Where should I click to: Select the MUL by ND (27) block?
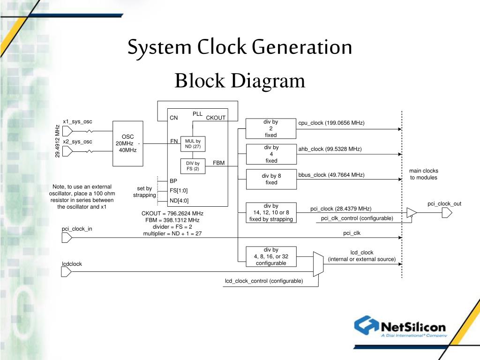tap(193, 144)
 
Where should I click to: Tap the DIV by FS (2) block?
tap(193, 166)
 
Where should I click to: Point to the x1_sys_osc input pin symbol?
tap(67, 131)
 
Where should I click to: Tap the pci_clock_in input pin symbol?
tap(67, 238)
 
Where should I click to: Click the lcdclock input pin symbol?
tap(66, 272)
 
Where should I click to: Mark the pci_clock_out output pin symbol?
tap(447, 213)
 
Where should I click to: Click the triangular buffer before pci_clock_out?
tap(412, 213)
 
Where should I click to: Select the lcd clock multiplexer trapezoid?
tap(318, 264)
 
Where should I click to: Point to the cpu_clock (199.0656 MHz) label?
tap(331, 123)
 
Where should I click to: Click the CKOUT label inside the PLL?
tap(216, 118)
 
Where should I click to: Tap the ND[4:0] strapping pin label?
tap(179, 201)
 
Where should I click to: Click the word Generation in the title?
tap(302, 47)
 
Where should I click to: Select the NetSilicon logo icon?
tap(367, 325)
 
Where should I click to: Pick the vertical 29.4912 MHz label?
tap(57, 141)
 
